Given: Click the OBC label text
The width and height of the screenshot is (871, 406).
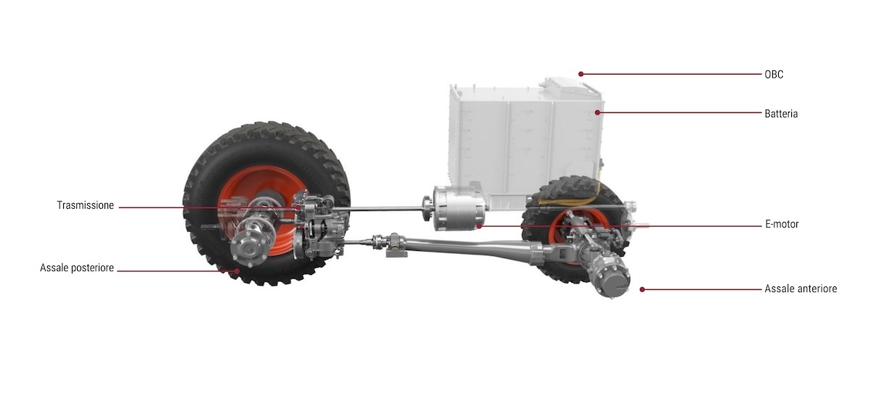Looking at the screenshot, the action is pos(774,74).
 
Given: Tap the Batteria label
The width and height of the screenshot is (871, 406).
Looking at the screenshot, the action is pos(781,114).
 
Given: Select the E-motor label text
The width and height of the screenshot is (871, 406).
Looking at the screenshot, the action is pos(782,224).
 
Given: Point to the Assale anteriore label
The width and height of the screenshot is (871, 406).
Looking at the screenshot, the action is pos(801,289).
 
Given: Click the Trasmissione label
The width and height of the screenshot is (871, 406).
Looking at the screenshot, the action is pos(86,205).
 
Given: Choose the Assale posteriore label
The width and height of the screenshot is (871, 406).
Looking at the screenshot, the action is pos(77,268).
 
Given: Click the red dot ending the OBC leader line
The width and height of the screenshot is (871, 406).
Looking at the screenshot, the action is pos(581,74).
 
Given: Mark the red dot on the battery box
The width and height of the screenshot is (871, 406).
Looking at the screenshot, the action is pos(597,112).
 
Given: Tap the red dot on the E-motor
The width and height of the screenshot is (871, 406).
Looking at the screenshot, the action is pos(480,225).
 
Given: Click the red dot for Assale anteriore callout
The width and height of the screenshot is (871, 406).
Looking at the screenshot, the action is pos(642,289).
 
